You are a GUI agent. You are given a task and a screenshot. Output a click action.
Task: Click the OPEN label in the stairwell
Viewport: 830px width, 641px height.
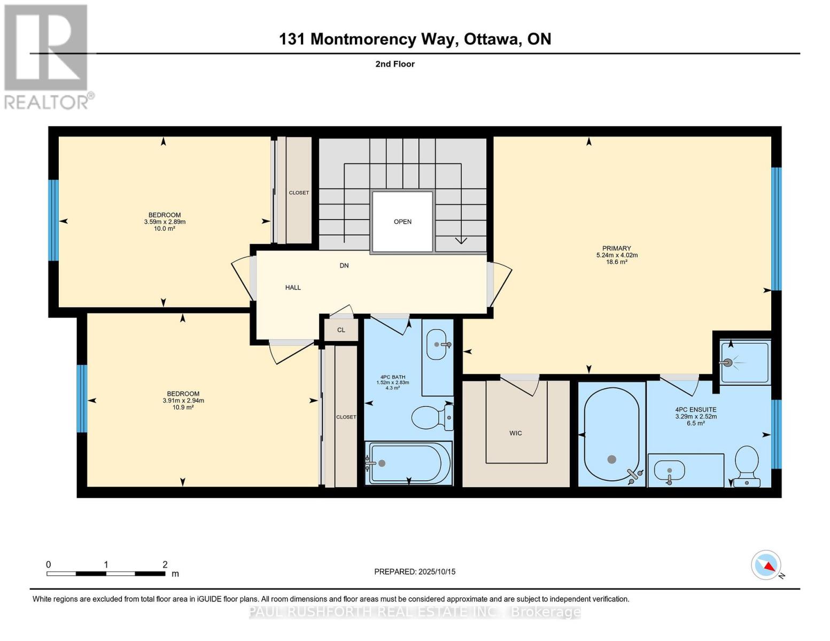tap(402, 222)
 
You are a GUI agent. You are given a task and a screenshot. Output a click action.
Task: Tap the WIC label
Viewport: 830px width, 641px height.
tap(515, 433)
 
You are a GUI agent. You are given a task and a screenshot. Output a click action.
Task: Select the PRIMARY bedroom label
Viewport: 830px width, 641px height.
tap(616, 248)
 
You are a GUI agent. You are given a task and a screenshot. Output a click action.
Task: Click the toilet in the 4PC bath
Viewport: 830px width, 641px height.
tap(432, 417)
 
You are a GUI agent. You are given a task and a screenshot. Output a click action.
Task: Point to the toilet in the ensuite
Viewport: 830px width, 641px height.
tap(747, 466)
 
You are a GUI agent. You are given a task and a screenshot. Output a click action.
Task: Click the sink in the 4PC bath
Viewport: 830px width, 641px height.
tap(437, 345)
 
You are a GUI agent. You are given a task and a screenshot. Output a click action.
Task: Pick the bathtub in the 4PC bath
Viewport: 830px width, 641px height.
tap(408, 463)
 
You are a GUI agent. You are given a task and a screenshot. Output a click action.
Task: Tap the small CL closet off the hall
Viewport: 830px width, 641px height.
tap(341, 330)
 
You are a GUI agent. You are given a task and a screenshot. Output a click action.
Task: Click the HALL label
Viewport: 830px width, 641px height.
tap(293, 287)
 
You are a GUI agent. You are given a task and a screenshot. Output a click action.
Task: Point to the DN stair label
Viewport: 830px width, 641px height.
tap(344, 265)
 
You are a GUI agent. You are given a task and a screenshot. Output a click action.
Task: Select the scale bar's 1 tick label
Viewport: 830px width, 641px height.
tap(106, 565)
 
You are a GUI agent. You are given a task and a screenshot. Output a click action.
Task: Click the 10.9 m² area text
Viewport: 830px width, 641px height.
tap(183, 408)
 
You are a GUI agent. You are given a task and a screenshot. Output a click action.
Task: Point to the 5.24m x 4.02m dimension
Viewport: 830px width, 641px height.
tap(617, 255)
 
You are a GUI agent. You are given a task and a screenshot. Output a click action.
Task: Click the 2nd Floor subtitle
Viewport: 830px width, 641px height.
tap(395, 64)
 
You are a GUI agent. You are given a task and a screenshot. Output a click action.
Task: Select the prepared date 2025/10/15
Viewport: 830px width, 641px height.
tap(437, 572)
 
